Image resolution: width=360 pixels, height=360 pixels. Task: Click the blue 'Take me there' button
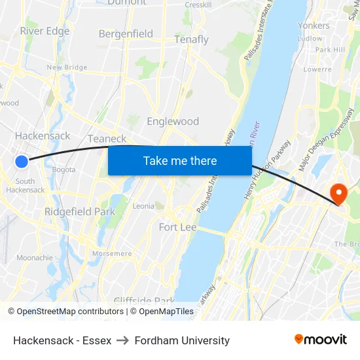coord(180,160)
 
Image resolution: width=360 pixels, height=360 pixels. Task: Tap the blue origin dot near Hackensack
coord(22,161)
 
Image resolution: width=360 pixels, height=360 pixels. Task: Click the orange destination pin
coord(338,192)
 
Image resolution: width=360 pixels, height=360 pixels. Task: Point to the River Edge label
coord(45,31)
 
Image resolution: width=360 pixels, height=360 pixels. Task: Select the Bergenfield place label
coord(126,33)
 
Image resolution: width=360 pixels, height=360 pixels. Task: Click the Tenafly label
coord(191,39)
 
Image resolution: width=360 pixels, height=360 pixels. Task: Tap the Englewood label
coord(173,121)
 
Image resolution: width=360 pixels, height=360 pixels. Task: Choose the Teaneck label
coord(107,138)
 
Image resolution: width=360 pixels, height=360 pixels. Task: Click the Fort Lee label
coord(178,227)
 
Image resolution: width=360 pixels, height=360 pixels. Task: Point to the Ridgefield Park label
coord(80,211)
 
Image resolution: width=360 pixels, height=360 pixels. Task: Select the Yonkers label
coord(314,25)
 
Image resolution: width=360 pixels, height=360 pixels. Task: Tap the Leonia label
coord(143,206)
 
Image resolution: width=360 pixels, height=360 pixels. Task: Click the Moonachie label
coord(35,258)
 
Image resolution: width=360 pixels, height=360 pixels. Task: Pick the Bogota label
coord(64,170)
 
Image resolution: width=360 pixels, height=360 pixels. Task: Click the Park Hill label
coord(330,50)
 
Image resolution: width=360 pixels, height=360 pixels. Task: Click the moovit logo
coord(321,339)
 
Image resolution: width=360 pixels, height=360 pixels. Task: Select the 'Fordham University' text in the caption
coord(182,340)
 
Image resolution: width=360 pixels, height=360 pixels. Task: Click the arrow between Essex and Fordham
coord(123,340)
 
